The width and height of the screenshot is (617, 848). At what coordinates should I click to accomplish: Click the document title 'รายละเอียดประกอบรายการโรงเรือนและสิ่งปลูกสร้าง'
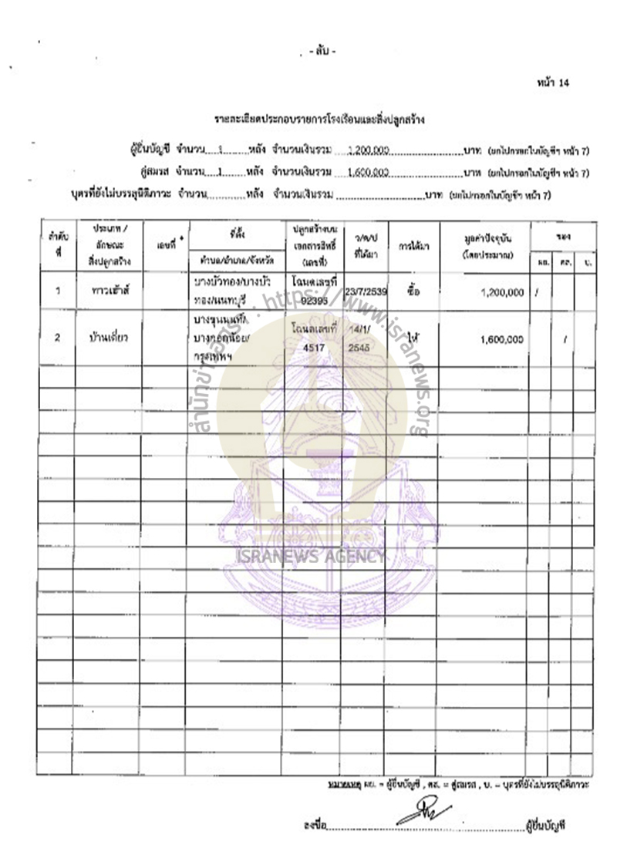click(320, 120)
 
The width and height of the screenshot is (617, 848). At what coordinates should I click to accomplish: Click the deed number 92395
click(319, 299)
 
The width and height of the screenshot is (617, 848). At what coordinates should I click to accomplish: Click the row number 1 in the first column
click(58, 292)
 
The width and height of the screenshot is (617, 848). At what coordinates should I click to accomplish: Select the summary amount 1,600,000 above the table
click(366, 174)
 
